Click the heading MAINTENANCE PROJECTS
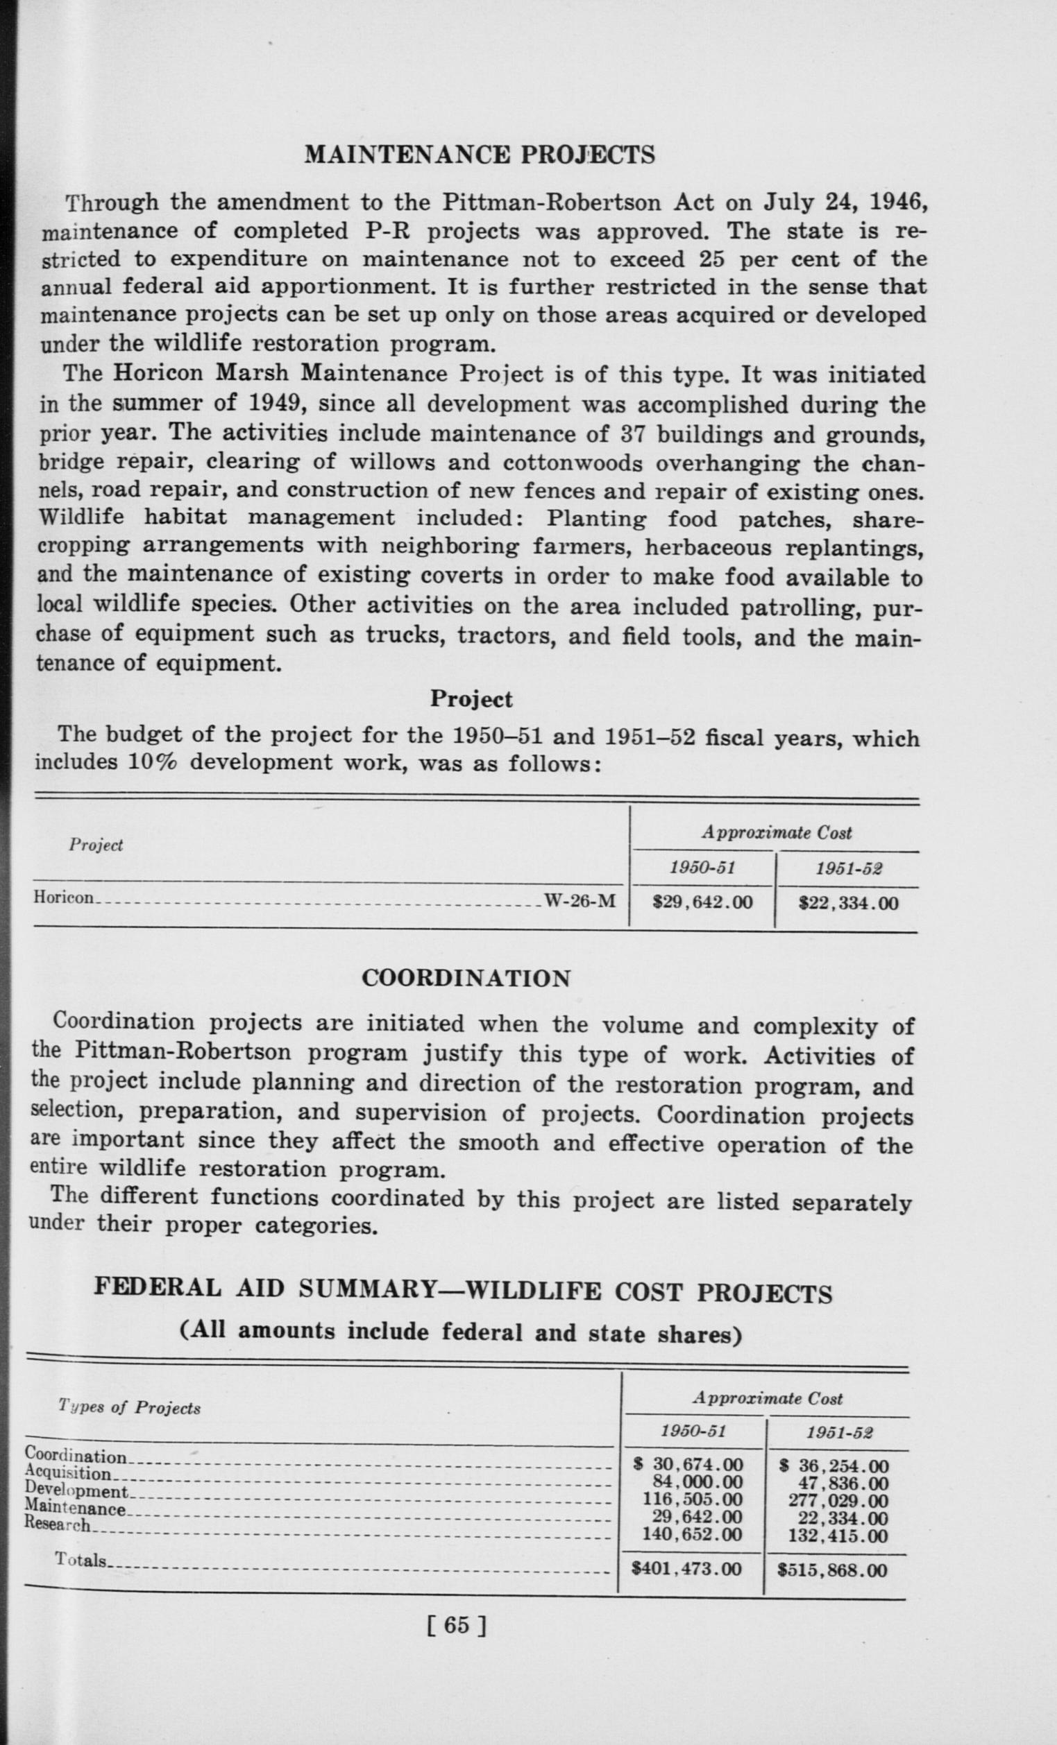click(x=480, y=155)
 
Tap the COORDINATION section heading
click(x=466, y=978)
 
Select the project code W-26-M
click(x=580, y=901)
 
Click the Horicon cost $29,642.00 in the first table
click(x=702, y=902)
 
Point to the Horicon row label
click(x=63, y=897)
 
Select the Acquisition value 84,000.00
click(x=697, y=1481)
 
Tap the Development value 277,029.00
click(x=838, y=1500)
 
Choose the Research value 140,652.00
click(x=692, y=1534)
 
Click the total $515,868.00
click(x=831, y=1571)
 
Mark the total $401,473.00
click(x=686, y=1570)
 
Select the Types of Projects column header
click(x=130, y=1407)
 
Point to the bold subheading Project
click(x=471, y=699)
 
